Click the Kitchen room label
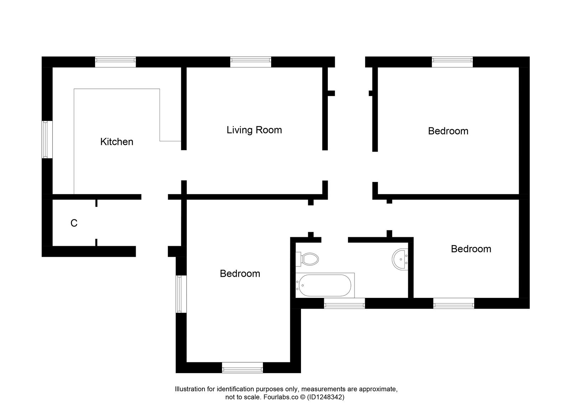click(x=116, y=142)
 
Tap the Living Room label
click(x=254, y=130)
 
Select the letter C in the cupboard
click(x=74, y=223)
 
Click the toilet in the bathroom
click(x=309, y=259)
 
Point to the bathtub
click(x=325, y=285)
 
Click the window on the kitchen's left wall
click(x=45, y=139)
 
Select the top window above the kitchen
click(x=115, y=62)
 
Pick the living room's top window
click(x=250, y=62)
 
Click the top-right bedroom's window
click(x=452, y=62)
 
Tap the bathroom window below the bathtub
click(x=344, y=304)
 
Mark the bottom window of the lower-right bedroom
click(x=454, y=304)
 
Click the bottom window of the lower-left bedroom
click(x=242, y=367)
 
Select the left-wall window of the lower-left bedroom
click(x=181, y=294)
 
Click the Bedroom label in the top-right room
click(x=448, y=131)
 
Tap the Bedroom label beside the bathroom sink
click(x=471, y=249)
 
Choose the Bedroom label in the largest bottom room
click(x=240, y=274)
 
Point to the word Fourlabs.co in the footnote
click(x=280, y=397)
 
